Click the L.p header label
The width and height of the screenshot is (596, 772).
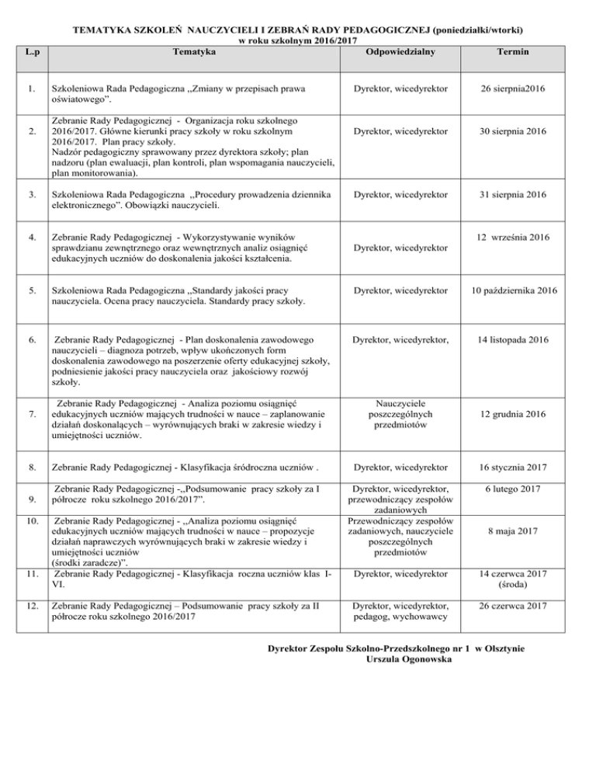[31, 52]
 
